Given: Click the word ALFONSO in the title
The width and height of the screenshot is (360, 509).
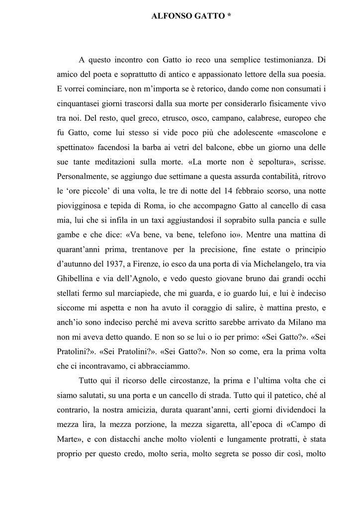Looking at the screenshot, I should [x=169, y=17].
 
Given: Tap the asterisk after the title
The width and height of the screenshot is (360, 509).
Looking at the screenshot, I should [x=229, y=16].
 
